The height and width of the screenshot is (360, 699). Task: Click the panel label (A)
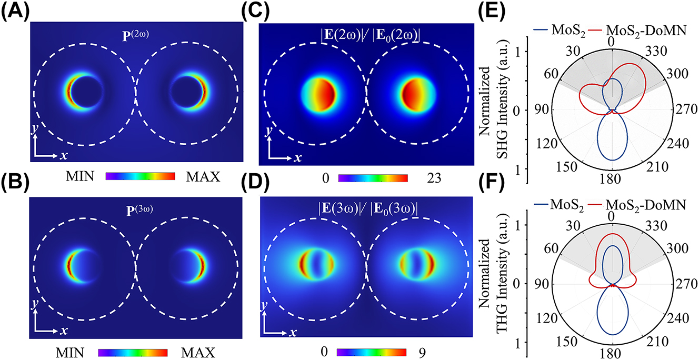(14, 11)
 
